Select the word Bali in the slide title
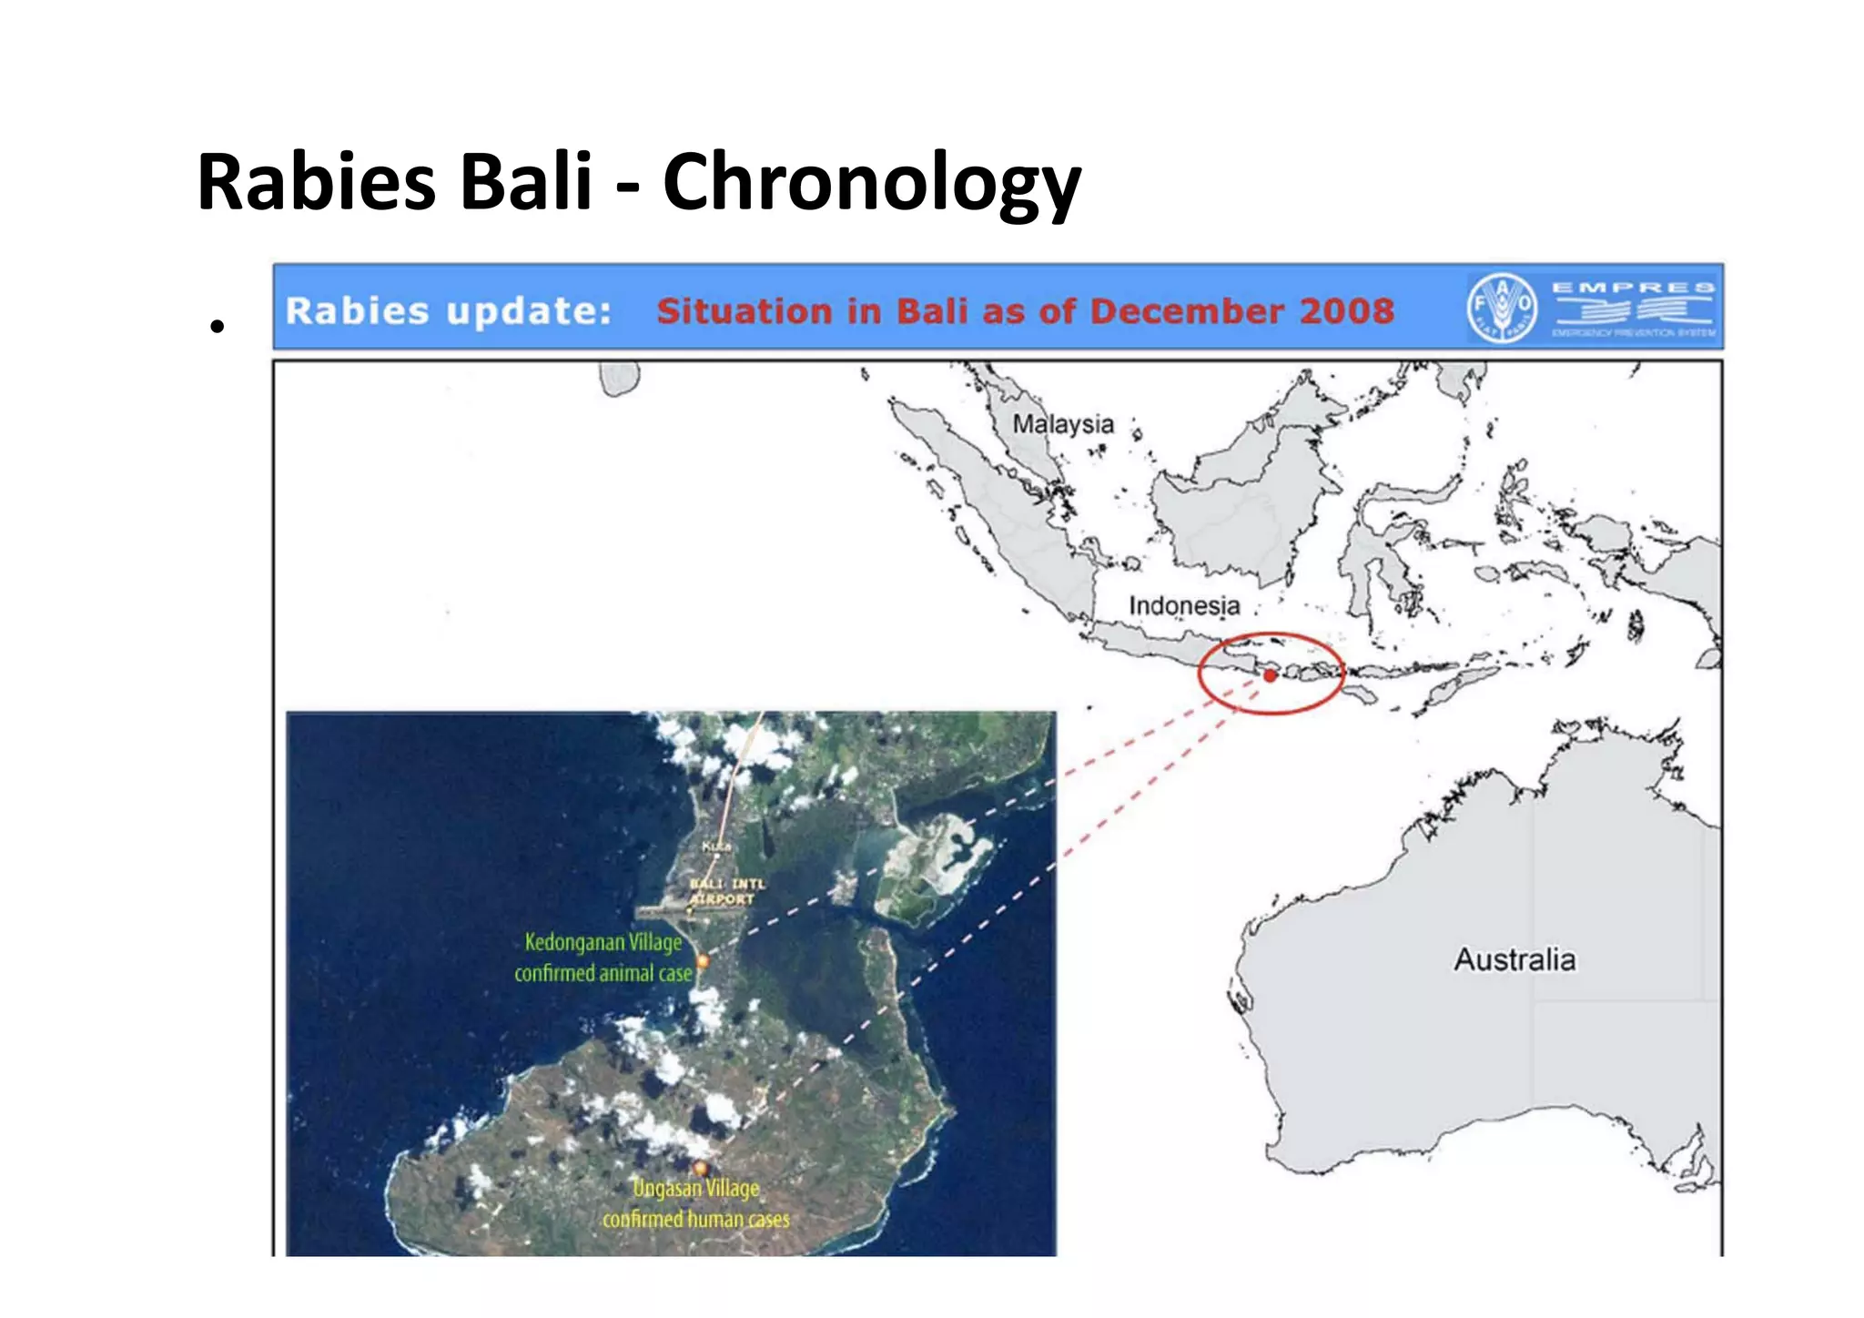pos(527,182)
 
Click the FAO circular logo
pos(1501,308)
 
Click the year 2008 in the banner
pos(1346,311)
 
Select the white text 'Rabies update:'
pos(448,311)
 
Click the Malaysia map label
pos(1062,424)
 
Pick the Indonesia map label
pos(1184,605)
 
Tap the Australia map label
pos(1514,959)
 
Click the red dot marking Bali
pos(1270,675)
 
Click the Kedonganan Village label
pos(603,942)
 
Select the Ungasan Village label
pos(696,1189)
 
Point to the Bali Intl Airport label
pos(725,891)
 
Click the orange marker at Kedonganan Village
pos(703,960)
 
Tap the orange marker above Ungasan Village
pos(700,1168)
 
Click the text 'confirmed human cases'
pos(696,1220)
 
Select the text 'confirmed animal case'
pos(603,974)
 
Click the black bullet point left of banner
pos(216,325)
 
